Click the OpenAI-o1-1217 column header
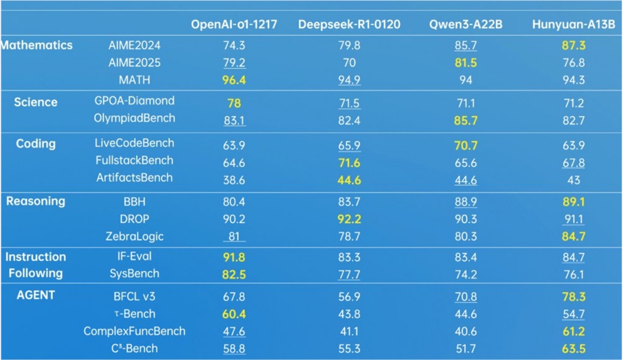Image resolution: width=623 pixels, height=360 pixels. [x=234, y=24]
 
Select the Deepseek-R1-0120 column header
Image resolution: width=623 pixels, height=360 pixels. [x=349, y=24]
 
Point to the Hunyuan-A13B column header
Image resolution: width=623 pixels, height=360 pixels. [x=574, y=24]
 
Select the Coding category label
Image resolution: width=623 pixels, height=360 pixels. [x=36, y=144]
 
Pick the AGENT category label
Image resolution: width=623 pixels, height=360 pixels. [x=36, y=295]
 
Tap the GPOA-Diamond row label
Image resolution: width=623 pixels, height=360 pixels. [x=135, y=101]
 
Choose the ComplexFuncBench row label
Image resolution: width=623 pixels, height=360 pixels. [x=135, y=331]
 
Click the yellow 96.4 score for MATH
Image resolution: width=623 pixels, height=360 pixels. [x=234, y=80]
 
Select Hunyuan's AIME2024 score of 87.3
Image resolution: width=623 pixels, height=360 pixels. [x=574, y=45]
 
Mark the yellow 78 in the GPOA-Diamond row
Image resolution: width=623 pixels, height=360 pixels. [x=234, y=103]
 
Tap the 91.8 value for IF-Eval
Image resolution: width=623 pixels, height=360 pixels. [x=234, y=257]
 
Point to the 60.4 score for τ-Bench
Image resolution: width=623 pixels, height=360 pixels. [x=234, y=315]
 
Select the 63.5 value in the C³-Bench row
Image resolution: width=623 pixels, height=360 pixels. [x=574, y=349]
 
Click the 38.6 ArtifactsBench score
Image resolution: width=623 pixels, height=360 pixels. [x=234, y=180]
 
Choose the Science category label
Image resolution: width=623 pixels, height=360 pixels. [x=36, y=103]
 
